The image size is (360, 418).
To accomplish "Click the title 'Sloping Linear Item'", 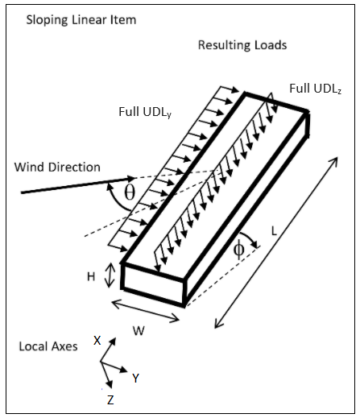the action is coord(81,20).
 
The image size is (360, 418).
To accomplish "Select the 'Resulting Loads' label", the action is coord(242,45).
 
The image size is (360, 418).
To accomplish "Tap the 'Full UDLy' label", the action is coord(145,112).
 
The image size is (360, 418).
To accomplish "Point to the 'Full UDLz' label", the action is coord(316,89).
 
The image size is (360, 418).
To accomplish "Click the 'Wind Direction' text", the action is coord(57,167).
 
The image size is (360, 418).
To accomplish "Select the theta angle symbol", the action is coord(130,192).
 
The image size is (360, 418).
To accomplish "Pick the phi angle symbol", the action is coord(238,249).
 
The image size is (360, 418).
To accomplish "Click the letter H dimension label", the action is coord(91,276).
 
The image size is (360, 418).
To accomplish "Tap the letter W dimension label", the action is coord(139,331).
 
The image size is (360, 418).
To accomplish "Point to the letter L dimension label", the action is coord(274,231).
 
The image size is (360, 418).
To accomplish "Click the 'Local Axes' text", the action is coord(48,346).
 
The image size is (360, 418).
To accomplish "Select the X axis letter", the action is coord(97,340).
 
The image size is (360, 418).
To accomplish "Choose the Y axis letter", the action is coord(135,378).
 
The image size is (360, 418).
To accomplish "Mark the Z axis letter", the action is coord(110,399).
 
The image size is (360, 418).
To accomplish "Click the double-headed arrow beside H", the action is coord(110,275).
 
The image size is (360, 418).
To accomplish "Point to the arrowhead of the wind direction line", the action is coord(130,178).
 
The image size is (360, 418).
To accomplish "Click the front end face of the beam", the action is coord(153,285).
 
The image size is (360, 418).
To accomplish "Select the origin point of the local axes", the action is coord(101,362).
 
